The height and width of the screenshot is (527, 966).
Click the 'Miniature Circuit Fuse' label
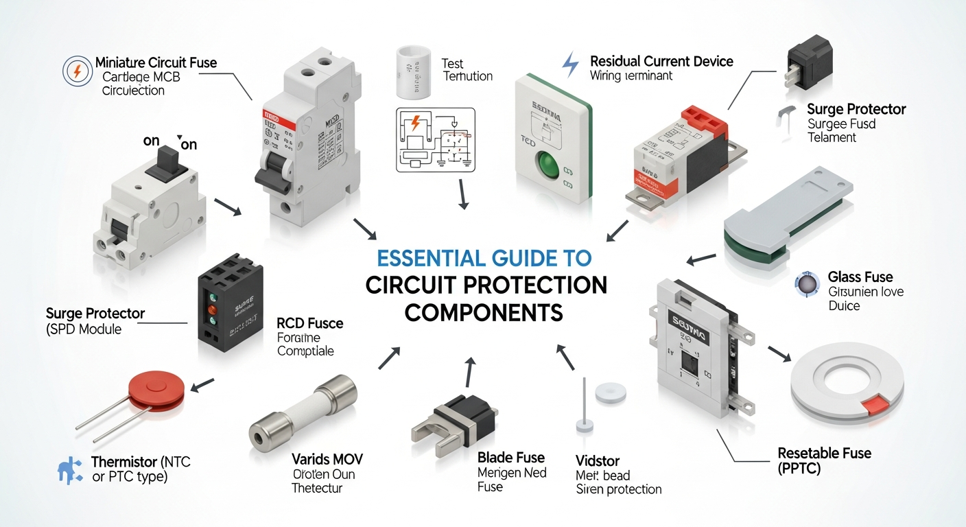[156, 63]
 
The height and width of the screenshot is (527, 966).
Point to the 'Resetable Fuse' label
[824, 453]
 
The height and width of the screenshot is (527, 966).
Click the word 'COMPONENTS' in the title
[484, 312]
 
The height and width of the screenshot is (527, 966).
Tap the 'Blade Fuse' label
[510, 458]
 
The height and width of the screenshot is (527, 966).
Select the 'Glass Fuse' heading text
[860, 277]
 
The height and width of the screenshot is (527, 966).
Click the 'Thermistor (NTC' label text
[141, 462]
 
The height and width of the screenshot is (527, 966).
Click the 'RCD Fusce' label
[309, 323]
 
